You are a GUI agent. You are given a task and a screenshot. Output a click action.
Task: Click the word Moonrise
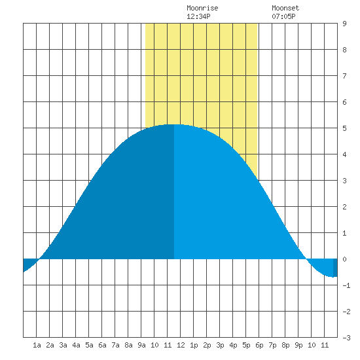point(202,8)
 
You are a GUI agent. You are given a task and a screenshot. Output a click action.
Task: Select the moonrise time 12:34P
point(198,16)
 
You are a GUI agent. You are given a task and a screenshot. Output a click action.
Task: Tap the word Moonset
point(285,8)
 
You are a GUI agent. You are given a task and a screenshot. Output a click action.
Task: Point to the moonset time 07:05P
point(283,16)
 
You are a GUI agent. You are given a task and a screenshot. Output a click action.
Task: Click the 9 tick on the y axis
point(344,24)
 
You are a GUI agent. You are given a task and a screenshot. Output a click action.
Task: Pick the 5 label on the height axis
point(344,128)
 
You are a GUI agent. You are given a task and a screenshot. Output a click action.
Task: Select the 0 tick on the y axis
point(344,259)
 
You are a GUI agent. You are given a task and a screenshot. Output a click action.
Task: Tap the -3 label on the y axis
point(346,338)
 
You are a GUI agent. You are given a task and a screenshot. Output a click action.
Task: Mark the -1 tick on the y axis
point(346,285)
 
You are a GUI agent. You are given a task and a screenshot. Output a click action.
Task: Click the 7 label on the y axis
point(344,76)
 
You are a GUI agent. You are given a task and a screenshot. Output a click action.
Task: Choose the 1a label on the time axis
point(37,345)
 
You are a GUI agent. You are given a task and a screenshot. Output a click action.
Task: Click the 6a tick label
point(102,345)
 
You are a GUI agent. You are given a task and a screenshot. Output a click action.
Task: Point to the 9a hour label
point(141,345)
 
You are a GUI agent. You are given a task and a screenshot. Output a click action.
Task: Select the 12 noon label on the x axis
point(181,345)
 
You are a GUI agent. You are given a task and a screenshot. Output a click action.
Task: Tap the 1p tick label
point(194,345)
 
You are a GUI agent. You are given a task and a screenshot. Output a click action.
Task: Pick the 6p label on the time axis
point(259,345)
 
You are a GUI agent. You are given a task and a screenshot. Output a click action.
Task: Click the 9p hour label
point(298,345)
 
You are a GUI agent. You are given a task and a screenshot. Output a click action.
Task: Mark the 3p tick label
point(220,345)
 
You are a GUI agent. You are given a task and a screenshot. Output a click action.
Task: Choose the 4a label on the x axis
point(76,345)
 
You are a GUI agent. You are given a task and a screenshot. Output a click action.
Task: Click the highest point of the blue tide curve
point(174,124)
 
